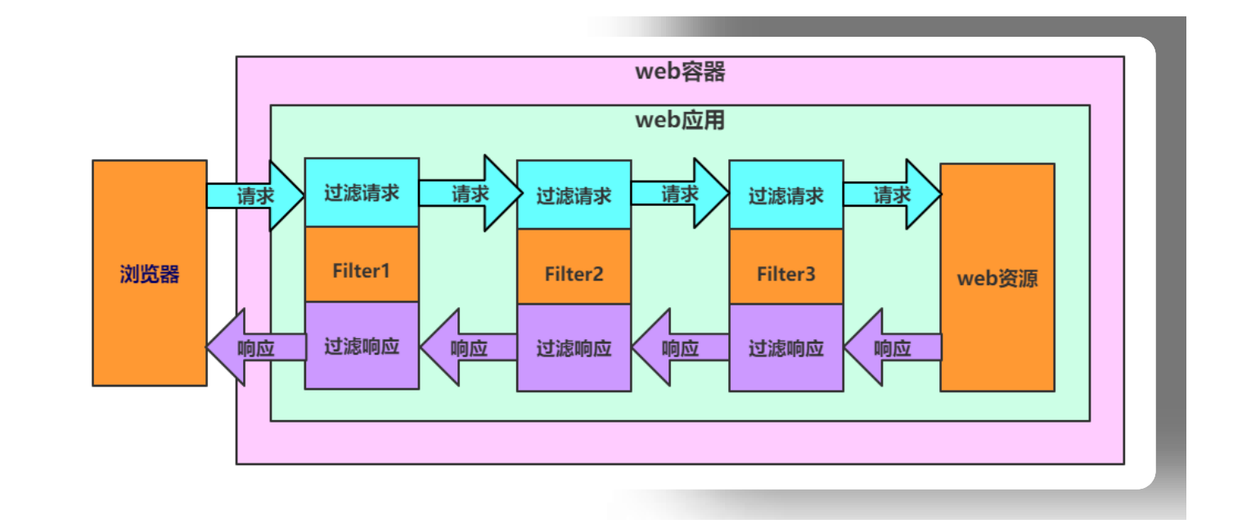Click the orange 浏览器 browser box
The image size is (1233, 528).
pyautogui.click(x=149, y=273)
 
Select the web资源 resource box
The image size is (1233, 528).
pyautogui.click(x=997, y=278)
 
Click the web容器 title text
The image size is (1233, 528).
pyautogui.click(x=680, y=72)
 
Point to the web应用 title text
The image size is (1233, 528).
pyautogui.click(x=680, y=121)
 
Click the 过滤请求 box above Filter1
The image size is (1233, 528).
pyautogui.click(x=362, y=193)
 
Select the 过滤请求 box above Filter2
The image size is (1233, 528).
pyautogui.click(x=574, y=195)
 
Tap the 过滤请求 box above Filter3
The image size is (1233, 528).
pyautogui.click(x=785, y=195)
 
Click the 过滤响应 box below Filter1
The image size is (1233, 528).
pyautogui.click(x=362, y=345)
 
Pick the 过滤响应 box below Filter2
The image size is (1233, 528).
pyautogui.click(x=574, y=347)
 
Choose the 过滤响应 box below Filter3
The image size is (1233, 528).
pyautogui.click(x=785, y=347)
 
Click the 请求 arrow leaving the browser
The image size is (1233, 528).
pyautogui.click(x=255, y=196)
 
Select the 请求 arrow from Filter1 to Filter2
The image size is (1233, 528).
pyautogui.click(x=470, y=194)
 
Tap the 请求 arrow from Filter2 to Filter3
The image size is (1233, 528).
pyautogui.click(x=681, y=195)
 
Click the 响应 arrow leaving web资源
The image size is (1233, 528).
pyautogui.click(x=893, y=347)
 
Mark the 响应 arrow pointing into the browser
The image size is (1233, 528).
pyautogui.click(x=255, y=347)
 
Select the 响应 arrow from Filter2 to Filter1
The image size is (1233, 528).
pyautogui.click(x=469, y=347)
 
